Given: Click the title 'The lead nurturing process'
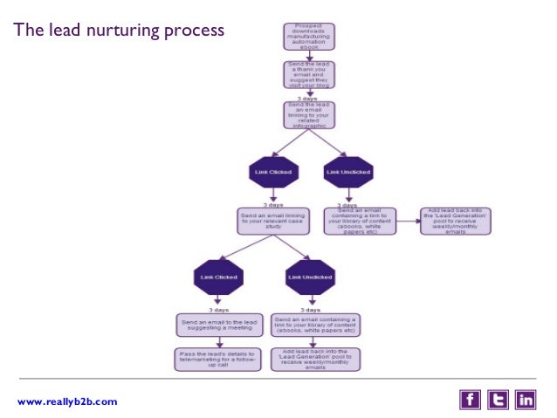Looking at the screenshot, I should point(119,32).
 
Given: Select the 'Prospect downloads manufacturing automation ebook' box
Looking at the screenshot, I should point(309,36).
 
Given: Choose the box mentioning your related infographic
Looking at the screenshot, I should point(309,115).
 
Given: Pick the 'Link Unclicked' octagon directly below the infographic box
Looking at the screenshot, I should point(347,172).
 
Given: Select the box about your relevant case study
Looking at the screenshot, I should point(272,219).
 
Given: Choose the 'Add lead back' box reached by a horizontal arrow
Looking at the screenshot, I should point(457,219).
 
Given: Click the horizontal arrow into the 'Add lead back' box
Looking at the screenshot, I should point(409,219).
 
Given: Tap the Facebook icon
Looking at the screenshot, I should point(470,400).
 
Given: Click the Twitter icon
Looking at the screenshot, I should point(498,400).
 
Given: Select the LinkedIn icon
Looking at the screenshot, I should point(526,400).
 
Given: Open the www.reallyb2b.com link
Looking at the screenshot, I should point(66,401).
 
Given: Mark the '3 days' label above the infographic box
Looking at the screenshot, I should point(308,99).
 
